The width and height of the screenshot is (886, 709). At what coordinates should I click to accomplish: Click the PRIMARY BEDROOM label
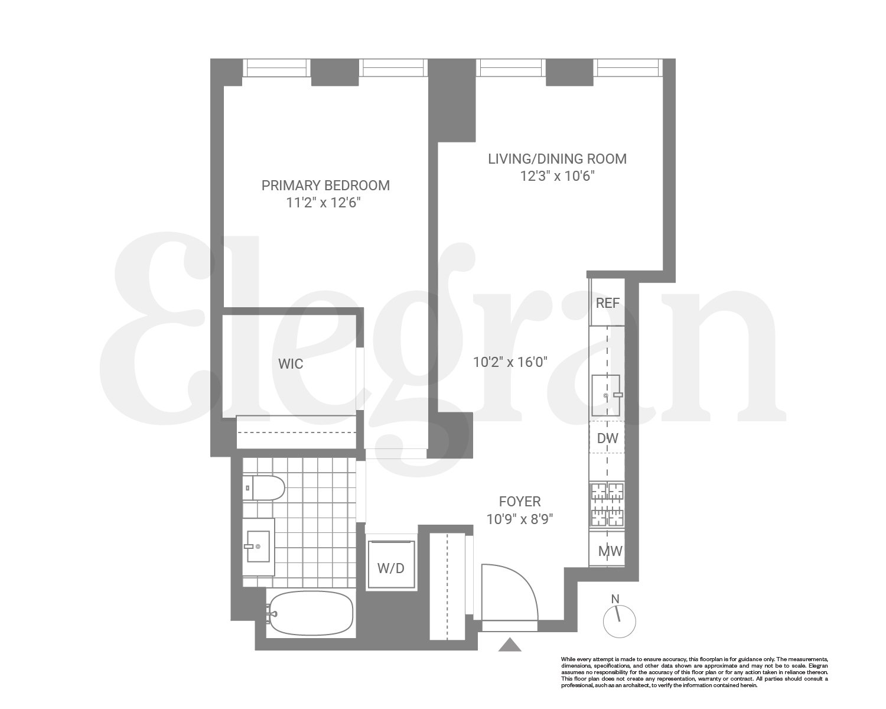tap(325, 186)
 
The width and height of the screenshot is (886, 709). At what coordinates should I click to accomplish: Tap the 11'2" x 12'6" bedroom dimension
tap(323, 203)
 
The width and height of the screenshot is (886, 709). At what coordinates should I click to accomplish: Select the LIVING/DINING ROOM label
tap(557, 159)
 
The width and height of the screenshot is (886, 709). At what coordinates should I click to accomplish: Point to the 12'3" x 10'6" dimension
tap(556, 176)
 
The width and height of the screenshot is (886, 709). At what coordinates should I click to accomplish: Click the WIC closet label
tap(291, 364)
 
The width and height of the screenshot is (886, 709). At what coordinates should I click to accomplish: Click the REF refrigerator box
tap(607, 303)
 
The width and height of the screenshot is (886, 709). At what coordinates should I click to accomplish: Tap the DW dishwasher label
tap(607, 438)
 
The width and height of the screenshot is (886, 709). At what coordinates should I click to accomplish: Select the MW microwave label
tap(610, 552)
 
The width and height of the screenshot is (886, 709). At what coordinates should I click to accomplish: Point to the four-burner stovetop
tap(608, 505)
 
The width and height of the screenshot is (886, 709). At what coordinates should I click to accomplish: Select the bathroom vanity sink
tap(259, 546)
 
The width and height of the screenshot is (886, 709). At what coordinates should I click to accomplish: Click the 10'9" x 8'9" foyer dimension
tap(520, 519)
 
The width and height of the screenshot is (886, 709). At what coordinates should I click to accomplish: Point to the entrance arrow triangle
tap(510, 645)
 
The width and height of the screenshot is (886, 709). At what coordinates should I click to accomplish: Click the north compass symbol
tap(619, 621)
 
